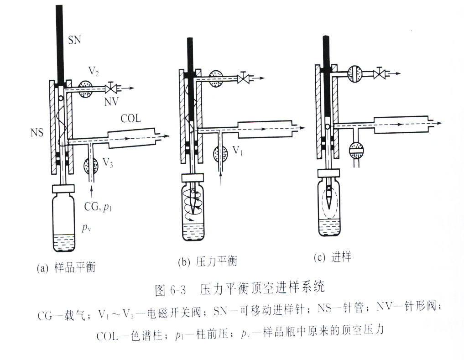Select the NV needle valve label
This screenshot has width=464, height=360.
(111, 101)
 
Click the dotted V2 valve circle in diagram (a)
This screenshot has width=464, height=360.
(85, 89)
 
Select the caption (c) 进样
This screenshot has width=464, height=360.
(332, 258)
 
